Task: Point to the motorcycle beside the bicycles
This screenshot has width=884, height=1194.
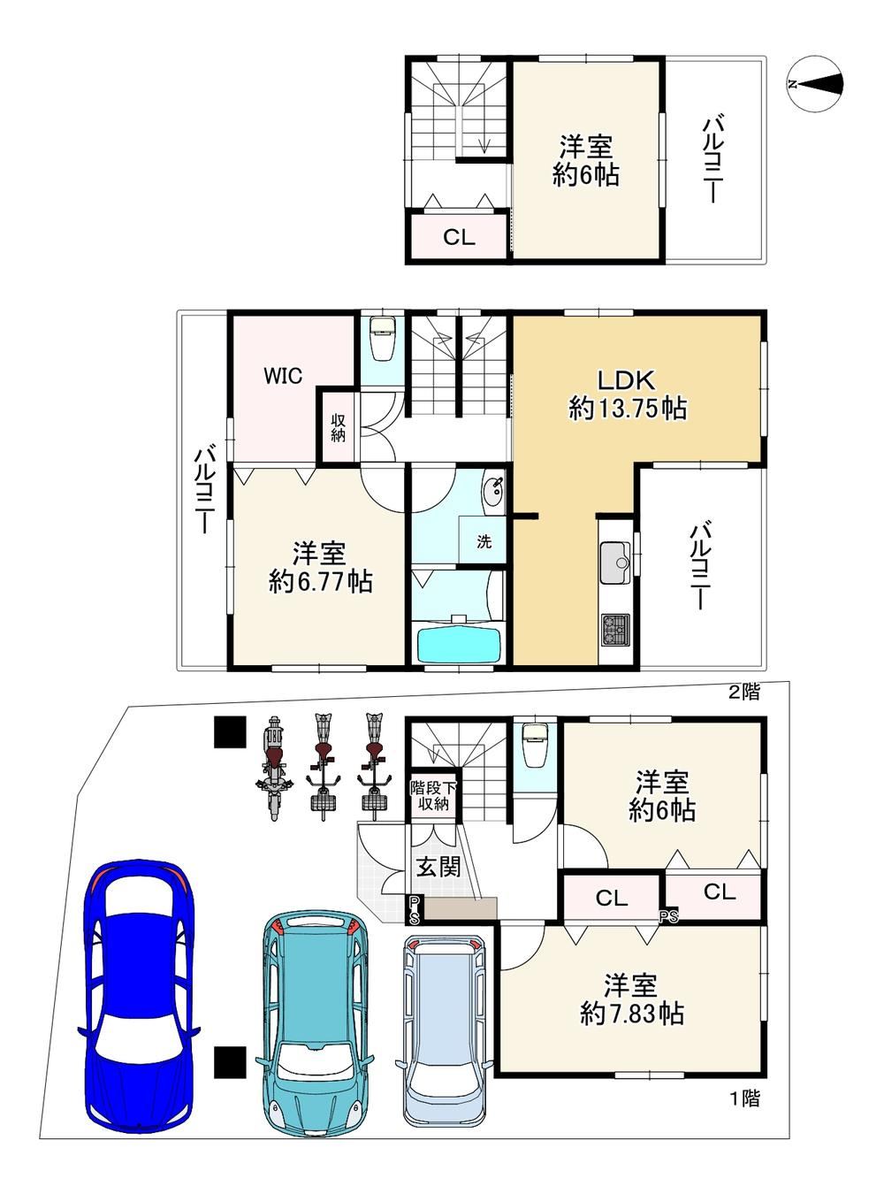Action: tap(274, 769)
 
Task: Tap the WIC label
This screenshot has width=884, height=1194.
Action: tap(283, 376)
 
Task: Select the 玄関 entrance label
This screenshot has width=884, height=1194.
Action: tap(438, 867)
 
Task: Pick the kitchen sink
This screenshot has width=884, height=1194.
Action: tap(615, 563)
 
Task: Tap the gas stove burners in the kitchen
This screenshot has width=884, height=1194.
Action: tap(615, 630)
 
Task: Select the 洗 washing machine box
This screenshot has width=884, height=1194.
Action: tap(484, 540)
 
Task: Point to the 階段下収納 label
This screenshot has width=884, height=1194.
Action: tap(434, 797)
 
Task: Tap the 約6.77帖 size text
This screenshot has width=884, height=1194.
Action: tap(321, 582)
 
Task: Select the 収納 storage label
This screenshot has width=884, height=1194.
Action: tap(338, 428)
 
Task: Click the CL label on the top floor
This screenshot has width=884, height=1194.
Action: tap(459, 237)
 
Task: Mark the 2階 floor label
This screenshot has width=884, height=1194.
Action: tap(744, 692)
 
